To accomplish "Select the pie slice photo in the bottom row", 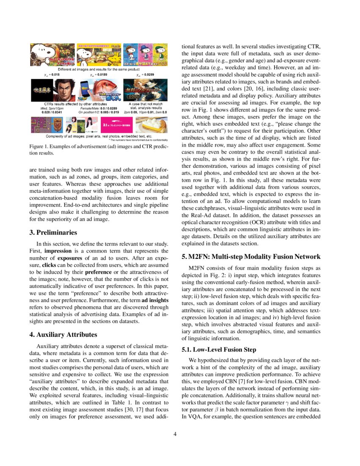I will coord(151,125).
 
